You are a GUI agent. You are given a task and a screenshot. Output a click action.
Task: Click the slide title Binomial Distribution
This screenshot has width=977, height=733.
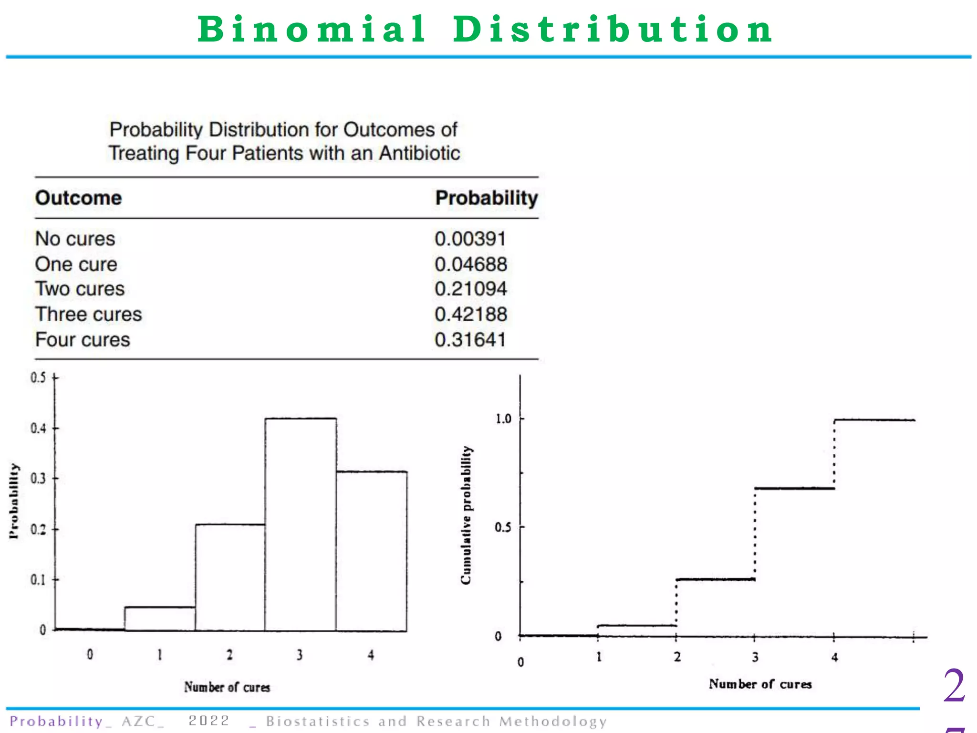click(x=485, y=30)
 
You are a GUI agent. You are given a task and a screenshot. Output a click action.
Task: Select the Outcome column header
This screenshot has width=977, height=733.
click(x=78, y=198)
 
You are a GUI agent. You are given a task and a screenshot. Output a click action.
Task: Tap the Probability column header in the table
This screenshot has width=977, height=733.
click(x=486, y=198)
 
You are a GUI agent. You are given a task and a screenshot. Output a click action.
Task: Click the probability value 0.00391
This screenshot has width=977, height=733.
click(x=470, y=239)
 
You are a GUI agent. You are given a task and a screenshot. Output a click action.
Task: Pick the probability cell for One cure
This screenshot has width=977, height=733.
click(x=470, y=264)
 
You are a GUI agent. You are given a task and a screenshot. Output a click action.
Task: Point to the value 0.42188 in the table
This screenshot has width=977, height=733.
click(x=470, y=314)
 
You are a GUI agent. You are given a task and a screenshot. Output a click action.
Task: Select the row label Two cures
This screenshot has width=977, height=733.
click(x=80, y=289)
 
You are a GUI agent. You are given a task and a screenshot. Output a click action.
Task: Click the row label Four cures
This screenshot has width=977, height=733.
click(x=83, y=340)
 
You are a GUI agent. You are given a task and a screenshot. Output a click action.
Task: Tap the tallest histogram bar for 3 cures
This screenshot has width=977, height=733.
click(x=301, y=525)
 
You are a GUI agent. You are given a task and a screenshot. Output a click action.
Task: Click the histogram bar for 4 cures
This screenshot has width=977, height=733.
click(x=372, y=551)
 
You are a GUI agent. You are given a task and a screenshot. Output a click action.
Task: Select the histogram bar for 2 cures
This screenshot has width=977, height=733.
click(x=230, y=577)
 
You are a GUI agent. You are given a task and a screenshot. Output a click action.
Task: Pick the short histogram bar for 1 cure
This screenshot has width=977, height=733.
click(x=160, y=619)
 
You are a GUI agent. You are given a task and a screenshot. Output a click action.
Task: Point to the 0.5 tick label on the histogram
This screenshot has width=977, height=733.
click(x=38, y=378)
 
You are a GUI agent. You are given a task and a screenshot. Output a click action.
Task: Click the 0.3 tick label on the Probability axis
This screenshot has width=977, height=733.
click(x=38, y=478)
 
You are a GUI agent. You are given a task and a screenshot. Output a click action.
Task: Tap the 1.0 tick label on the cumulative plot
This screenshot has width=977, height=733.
click(x=503, y=419)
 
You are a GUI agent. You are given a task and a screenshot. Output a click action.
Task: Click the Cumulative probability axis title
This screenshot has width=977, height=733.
click(x=467, y=515)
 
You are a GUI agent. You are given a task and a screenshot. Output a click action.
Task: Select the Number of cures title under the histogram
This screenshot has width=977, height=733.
click(x=227, y=687)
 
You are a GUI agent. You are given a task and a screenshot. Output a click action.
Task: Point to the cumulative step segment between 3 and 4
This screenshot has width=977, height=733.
click(x=794, y=488)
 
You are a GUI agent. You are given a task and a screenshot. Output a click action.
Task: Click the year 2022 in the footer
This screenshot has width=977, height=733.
click(x=208, y=721)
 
